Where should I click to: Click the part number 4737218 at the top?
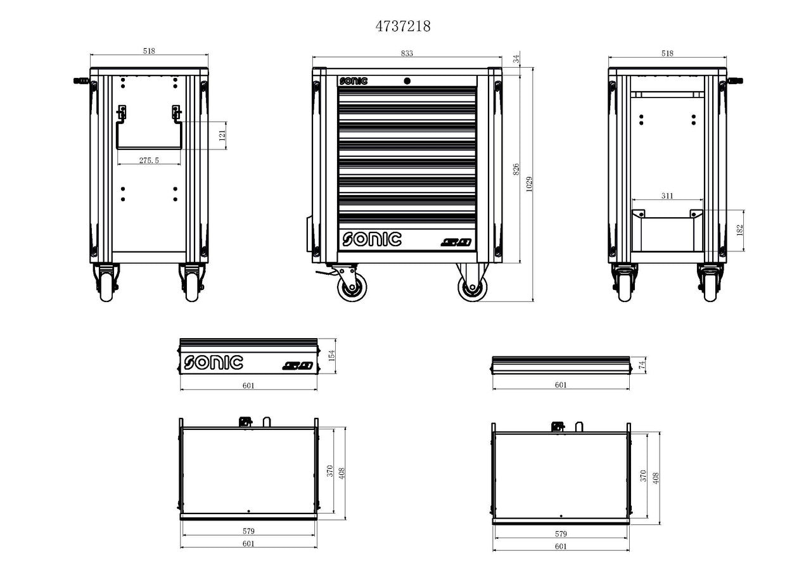click(x=403, y=26)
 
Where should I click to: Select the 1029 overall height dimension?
click(x=530, y=183)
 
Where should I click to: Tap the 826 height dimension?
click(x=516, y=169)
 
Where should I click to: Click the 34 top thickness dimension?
click(x=516, y=59)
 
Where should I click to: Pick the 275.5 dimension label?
click(x=149, y=161)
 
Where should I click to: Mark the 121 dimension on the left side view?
click(x=222, y=135)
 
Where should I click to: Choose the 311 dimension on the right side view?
click(x=667, y=196)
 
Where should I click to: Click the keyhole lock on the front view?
click(x=407, y=80)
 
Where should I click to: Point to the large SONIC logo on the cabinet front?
click(x=372, y=239)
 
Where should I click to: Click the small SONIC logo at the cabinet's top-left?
click(x=353, y=81)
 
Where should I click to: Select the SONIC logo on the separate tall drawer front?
click(x=214, y=362)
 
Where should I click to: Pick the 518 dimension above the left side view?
click(x=149, y=52)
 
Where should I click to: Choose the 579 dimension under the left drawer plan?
click(x=248, y=531)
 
